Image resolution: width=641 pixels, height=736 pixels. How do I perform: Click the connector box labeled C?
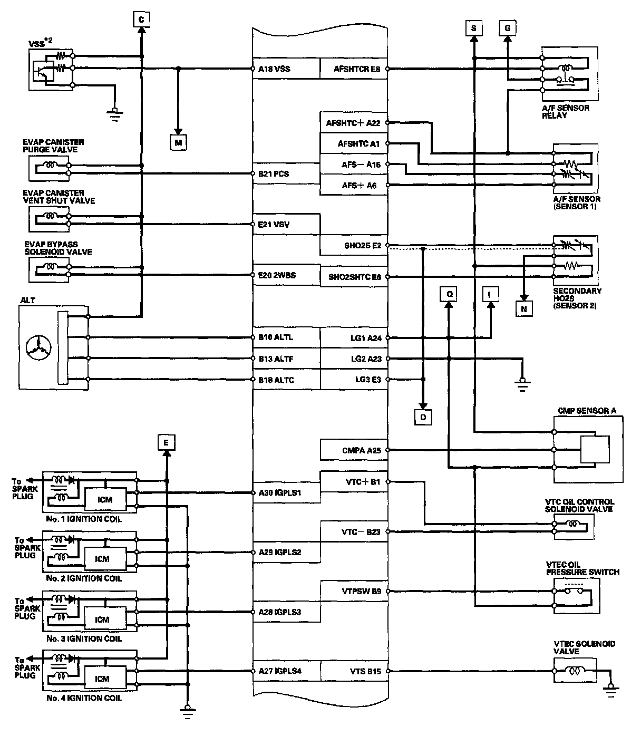(x=141, y=20)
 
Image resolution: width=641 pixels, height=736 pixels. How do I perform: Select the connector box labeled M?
(x=178, y=142)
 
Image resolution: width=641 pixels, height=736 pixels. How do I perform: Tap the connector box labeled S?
(x=473, y=28)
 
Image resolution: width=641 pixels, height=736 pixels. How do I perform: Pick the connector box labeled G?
(x=507, y=28)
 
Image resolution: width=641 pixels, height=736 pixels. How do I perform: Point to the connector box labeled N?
(x=524, y=309)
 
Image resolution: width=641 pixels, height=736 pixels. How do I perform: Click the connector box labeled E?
(x=166, y=443)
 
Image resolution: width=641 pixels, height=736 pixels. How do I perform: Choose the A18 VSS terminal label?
(x=274, y=69)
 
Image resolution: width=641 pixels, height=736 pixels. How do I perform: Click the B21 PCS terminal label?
(x=274, y=173)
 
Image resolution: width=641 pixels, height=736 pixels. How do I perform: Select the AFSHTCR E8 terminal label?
(x=357, y=69)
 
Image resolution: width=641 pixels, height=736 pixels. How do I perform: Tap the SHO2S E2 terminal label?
(x=362, y=245)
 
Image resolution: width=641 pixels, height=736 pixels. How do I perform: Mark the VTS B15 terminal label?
(x=365, y=671)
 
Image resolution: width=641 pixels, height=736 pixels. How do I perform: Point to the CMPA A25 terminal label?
(x=361, y=450)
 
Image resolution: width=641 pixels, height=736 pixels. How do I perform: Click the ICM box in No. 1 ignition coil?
(x=105, y=499)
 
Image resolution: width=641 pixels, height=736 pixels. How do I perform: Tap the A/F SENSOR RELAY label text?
(x=565, y=111)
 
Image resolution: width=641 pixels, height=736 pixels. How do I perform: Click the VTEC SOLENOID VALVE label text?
(x=577, y=647)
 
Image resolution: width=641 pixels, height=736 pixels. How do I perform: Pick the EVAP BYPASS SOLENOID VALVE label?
(x=58, y=248)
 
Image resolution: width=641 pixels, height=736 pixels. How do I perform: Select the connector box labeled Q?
(x=449, y=294)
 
